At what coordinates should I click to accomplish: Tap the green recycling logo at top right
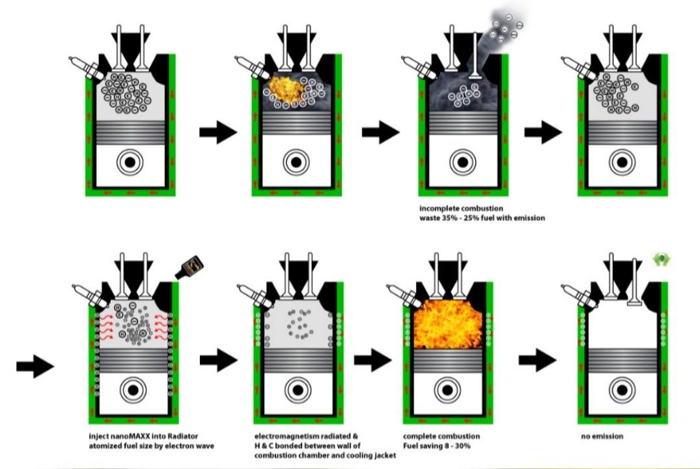click(x=662, y=261)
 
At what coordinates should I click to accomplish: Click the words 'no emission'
click(x=602, y=436)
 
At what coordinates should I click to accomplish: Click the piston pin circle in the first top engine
click(x=130, y=162)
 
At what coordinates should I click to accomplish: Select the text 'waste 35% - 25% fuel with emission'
click(x=482, y=218)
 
